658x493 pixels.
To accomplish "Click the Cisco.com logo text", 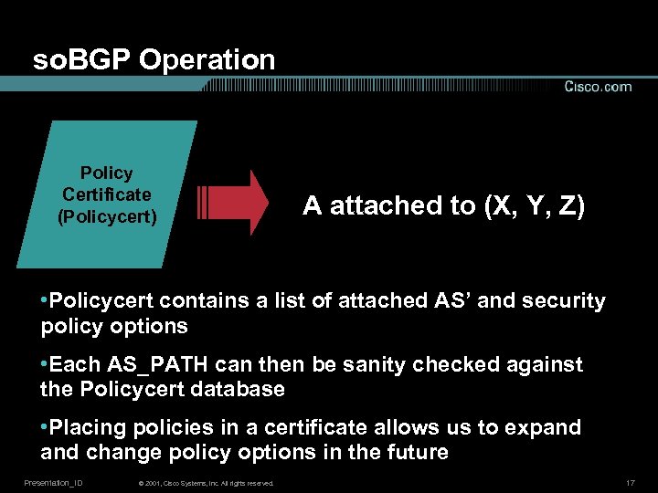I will tap(598, 87).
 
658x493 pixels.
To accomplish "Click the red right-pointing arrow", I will tap(234, 203).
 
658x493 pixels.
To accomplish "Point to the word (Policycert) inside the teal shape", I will tap(106, 216).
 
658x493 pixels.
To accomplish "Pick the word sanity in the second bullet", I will tap(350, 365).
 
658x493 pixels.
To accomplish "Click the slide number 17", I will tap(630, 482).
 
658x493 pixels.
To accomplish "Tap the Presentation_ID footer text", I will tap(53, 482).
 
